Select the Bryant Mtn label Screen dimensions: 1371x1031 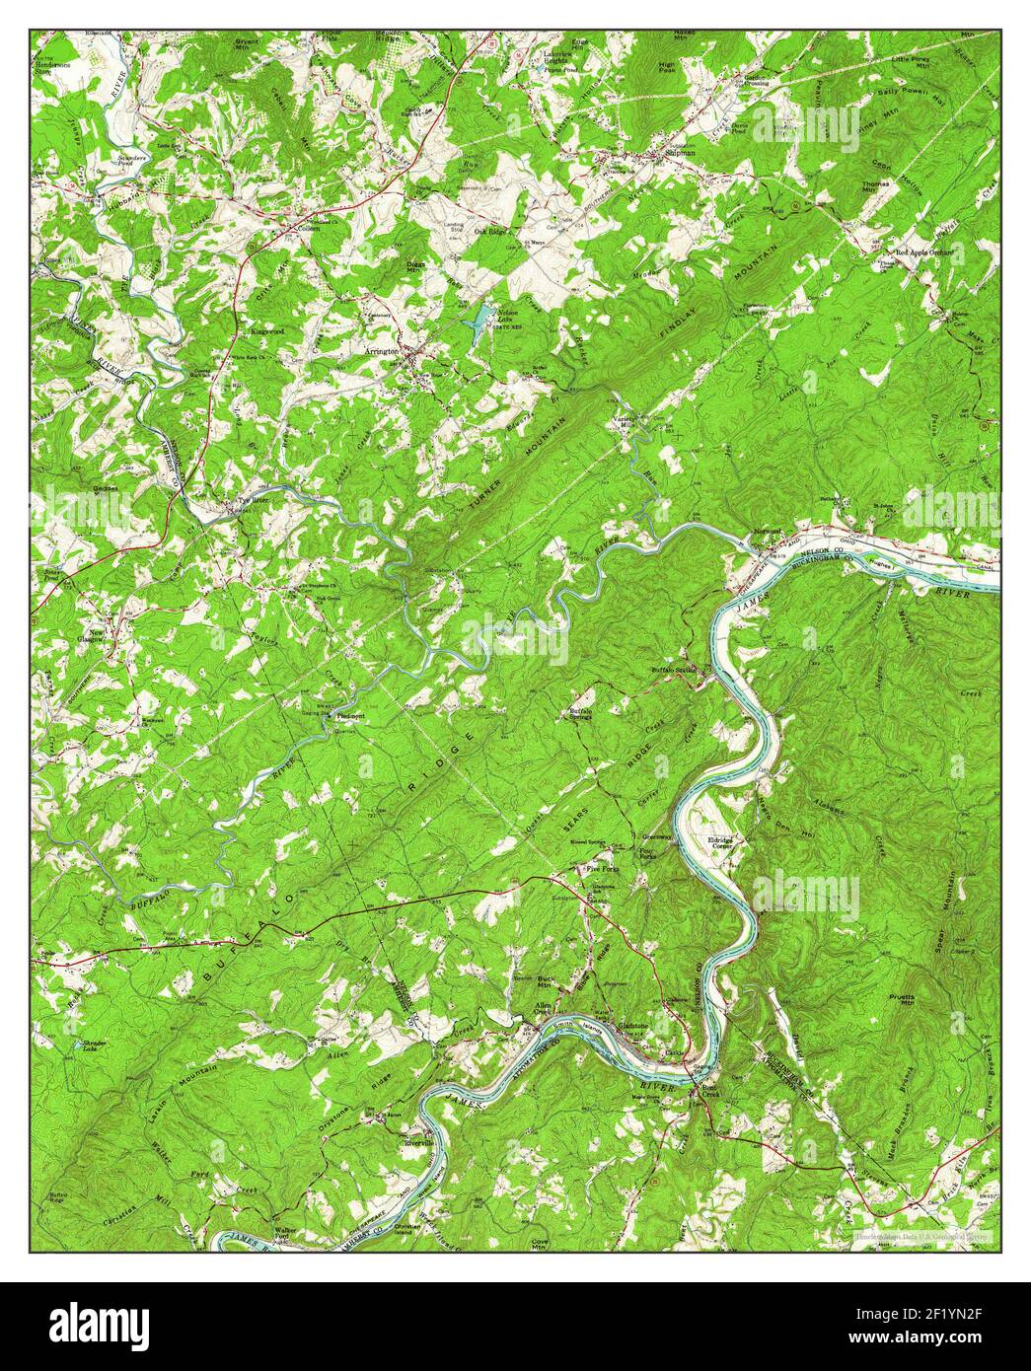[246, 45]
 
